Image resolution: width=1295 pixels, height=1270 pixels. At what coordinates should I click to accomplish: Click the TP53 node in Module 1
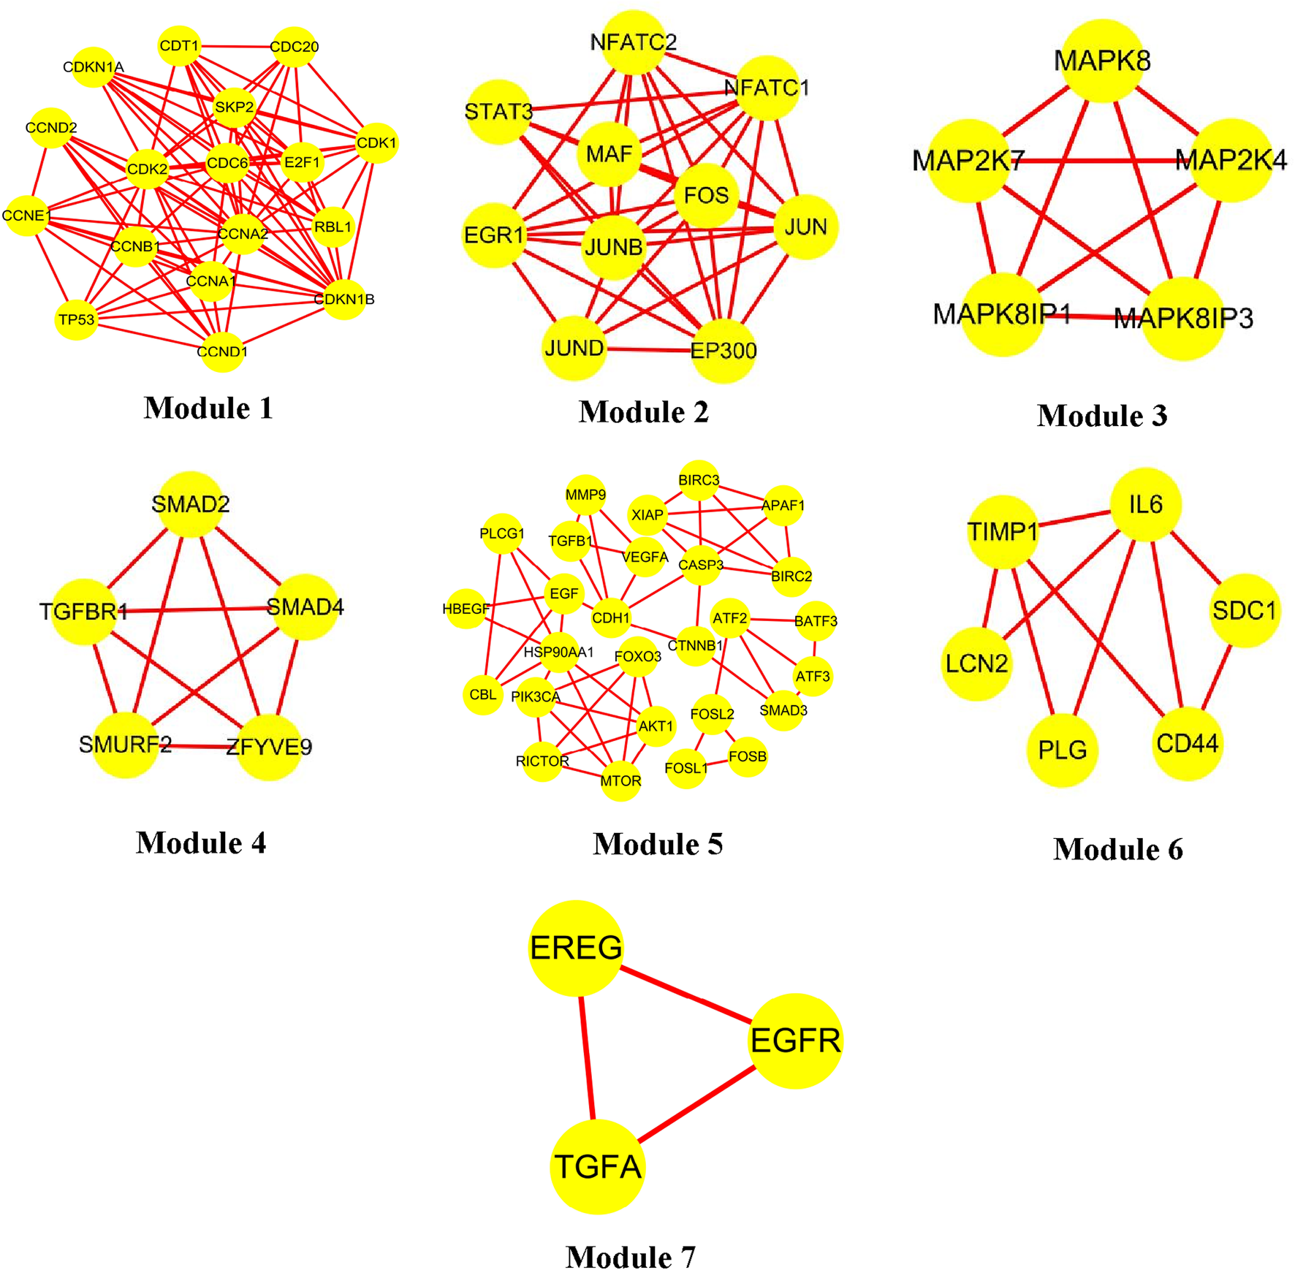(76, 319)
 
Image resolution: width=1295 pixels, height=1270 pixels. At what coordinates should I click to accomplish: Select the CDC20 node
(294, 47)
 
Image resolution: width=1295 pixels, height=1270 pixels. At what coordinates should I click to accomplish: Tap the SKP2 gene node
(234, 107)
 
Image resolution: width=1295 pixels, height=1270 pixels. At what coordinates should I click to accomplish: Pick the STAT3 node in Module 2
(498, 112)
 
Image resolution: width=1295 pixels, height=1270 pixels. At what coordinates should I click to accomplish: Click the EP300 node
(724, 351)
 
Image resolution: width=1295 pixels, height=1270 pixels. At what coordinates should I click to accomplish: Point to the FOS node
(706, 195)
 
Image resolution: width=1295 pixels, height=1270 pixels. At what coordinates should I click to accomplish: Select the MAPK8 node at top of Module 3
(1102, 61)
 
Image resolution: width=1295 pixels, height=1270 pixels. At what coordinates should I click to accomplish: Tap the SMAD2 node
(191, 503)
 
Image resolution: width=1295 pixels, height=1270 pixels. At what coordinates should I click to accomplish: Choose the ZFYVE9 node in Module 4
(269, 747)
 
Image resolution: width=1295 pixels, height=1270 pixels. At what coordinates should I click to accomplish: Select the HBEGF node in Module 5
(466, 609)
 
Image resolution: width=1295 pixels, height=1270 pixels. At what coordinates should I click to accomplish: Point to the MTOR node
(620, 781)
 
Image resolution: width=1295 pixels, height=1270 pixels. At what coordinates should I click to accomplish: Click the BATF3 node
(816, 621)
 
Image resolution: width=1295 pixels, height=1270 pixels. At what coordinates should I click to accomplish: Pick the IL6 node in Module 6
(1145, 504)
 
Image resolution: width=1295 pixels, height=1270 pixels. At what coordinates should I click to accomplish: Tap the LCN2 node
(976, 663)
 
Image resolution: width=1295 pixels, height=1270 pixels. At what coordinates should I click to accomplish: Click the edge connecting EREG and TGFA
(587, 1057)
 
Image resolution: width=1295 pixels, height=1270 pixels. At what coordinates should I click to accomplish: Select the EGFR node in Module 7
(795, 1041)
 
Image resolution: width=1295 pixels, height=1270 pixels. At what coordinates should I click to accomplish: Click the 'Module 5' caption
(658, 844)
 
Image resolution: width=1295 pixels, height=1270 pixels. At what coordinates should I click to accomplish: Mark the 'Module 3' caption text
(1102, 416)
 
